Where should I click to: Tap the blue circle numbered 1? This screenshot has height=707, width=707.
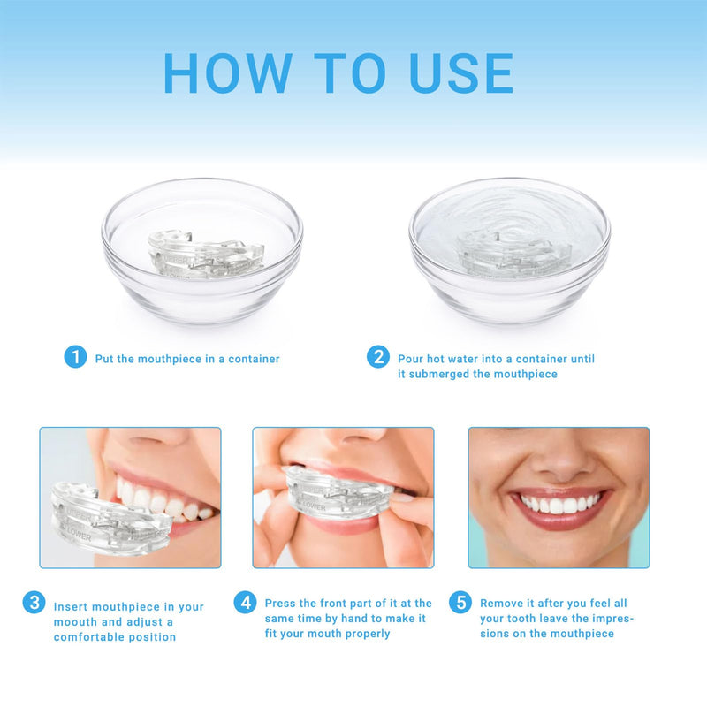[x=76, y=357]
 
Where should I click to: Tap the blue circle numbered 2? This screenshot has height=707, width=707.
[x=378, y=357]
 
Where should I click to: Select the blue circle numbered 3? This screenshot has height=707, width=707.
[x=34, y=603]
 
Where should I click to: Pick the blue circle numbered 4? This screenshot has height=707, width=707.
[x=246, y=603]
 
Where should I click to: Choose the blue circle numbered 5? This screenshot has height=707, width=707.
[x=460, y=603]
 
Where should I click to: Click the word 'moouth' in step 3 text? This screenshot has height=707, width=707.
[x=76, y=622]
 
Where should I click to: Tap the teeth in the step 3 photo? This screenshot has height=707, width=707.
[x=163, y=499]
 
